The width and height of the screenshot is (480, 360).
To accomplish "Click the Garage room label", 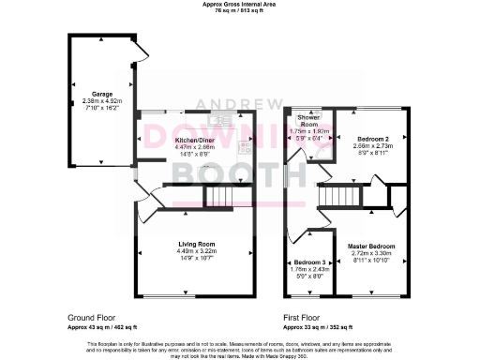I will pyautogui.click(x=97, y=94).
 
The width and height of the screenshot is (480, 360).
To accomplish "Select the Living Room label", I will pyautogui.click(x=197, y=244).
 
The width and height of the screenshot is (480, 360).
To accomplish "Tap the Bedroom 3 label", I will pyautogui.click(x=308, y=262).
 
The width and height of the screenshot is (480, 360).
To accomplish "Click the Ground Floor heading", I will pyautogui.click(x=92, y=317).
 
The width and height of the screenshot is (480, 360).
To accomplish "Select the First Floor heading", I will pyautogui.click(x=303, y=317).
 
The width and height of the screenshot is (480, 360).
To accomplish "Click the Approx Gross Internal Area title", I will pyautogui.click(x=239, y=4).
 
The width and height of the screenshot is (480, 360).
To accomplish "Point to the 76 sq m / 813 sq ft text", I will pyautogui.click(x=239, y=10).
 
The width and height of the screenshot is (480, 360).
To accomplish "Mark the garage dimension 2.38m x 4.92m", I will pyautogui.click(x=97, y=100).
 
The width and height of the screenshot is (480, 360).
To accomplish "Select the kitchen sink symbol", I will pyautogui.click(x=222, y=118).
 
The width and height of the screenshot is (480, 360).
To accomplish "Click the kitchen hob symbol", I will pyautogui.click(x=246, y=145).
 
